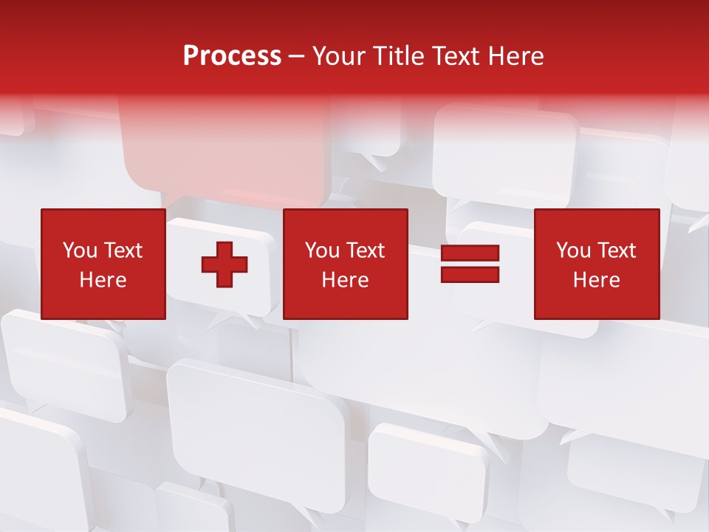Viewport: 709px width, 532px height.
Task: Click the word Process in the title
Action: pyautogui.click(x=232, y=56)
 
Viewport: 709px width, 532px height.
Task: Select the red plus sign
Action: pyautogui.click(x=225, y=264)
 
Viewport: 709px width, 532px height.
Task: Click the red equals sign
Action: pyautogui.click(x=470, y=264)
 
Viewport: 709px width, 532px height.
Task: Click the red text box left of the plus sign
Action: pyautogui.click(x=103, y=264)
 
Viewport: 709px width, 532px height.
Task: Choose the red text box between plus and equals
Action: pyautogui.click(x=345, y=264)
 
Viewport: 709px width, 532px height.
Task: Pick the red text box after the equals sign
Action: pyautogui.click(x=596, y=264)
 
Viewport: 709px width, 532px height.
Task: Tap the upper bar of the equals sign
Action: pyautogui.click(x=470, y=253)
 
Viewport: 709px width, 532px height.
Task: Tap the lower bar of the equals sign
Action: pyautogui.click(x=470, y=274)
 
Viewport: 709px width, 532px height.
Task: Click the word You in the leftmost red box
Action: pyautogui.click(x=80, y=250)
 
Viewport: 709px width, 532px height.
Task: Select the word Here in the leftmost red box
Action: pyautogui.click(x=103, y=280)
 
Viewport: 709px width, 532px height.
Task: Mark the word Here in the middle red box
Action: pyautogui.click(x=345, y=280)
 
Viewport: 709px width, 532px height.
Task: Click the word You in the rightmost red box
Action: pyautogui.click(x=573, y=250)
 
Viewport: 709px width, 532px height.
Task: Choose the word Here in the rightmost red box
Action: pyautogui.click(x=596, y=280)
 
